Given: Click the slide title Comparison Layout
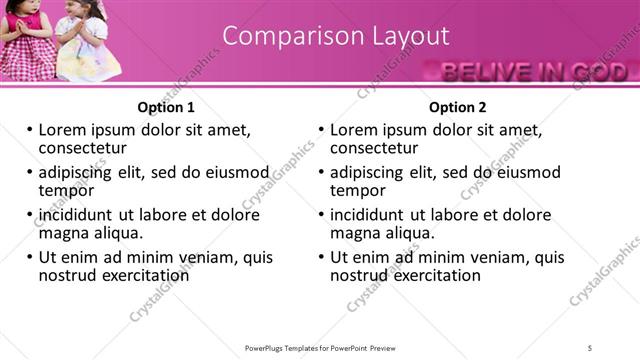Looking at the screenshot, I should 335,36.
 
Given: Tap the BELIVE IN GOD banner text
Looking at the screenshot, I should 534,71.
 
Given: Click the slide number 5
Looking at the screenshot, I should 591,347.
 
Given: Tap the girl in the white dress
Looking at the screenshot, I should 86,40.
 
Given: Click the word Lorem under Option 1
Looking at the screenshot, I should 63,130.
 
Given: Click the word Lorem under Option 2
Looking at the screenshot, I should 355,130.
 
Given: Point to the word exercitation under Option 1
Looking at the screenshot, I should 145,274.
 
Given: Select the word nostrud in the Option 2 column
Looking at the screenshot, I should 358,274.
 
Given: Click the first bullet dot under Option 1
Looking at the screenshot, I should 30,131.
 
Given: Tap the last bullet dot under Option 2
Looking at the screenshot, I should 322,257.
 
